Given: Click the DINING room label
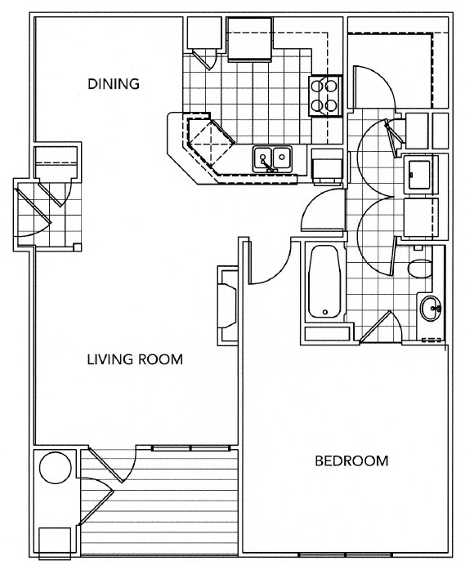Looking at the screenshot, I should (x=114, y=83).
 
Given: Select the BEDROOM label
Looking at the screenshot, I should (x=351, y=460).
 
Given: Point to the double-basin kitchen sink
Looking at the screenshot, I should (x=272, y=157).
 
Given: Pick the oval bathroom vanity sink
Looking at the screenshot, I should (x=431, y=309).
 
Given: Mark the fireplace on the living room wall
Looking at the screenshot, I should (x=226, y=308).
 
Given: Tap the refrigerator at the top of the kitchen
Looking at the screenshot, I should (x=249, y=39).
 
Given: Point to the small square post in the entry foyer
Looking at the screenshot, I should (x=76, y=247).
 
